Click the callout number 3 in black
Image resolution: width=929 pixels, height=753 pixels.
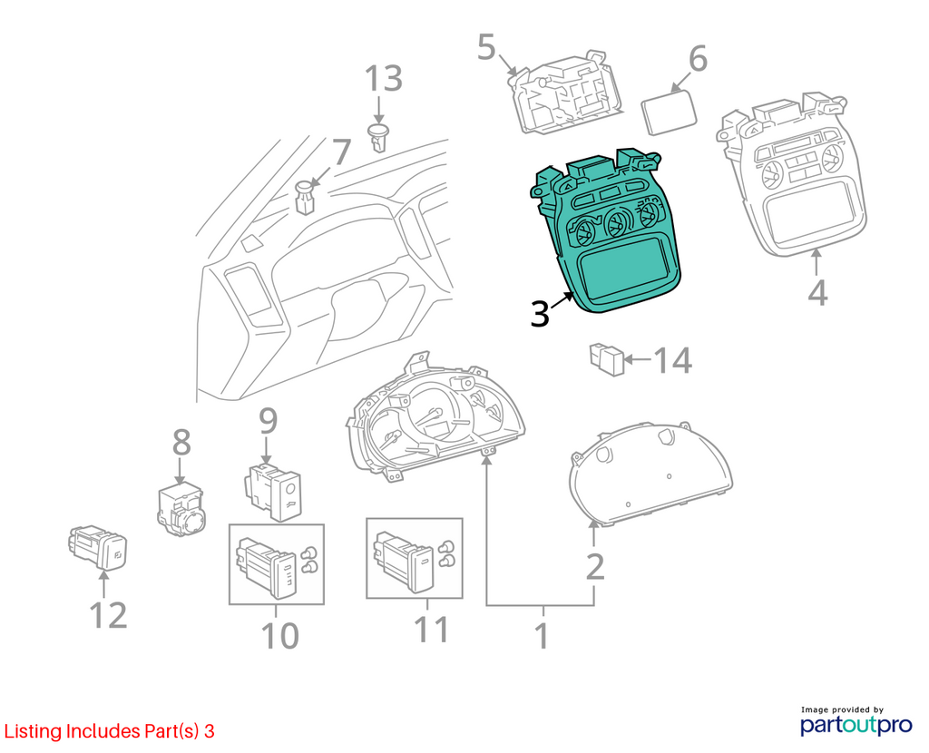(540, 313)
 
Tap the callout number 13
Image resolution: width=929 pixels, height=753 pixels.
(383, 79)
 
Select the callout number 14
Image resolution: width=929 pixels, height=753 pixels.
(672, 359)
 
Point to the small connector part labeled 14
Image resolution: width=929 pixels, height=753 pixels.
(607, 358)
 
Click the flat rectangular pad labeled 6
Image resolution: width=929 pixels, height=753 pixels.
(669, 113)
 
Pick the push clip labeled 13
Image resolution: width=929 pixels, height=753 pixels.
(378, 137)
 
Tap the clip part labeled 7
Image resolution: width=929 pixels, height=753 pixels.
(305, 198)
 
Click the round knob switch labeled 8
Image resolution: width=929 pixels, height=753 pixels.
(181, 509)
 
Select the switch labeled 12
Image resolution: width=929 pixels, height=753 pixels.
(98, 547)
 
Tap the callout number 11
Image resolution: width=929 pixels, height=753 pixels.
(431, 630)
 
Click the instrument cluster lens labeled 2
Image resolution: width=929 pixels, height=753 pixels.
(650, 474)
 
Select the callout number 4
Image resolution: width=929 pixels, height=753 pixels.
(817, 292)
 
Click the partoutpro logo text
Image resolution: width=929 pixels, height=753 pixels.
(856, 725)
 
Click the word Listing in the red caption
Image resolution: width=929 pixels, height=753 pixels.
(34, 731)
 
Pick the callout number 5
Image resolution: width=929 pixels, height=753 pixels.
(486, 47)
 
